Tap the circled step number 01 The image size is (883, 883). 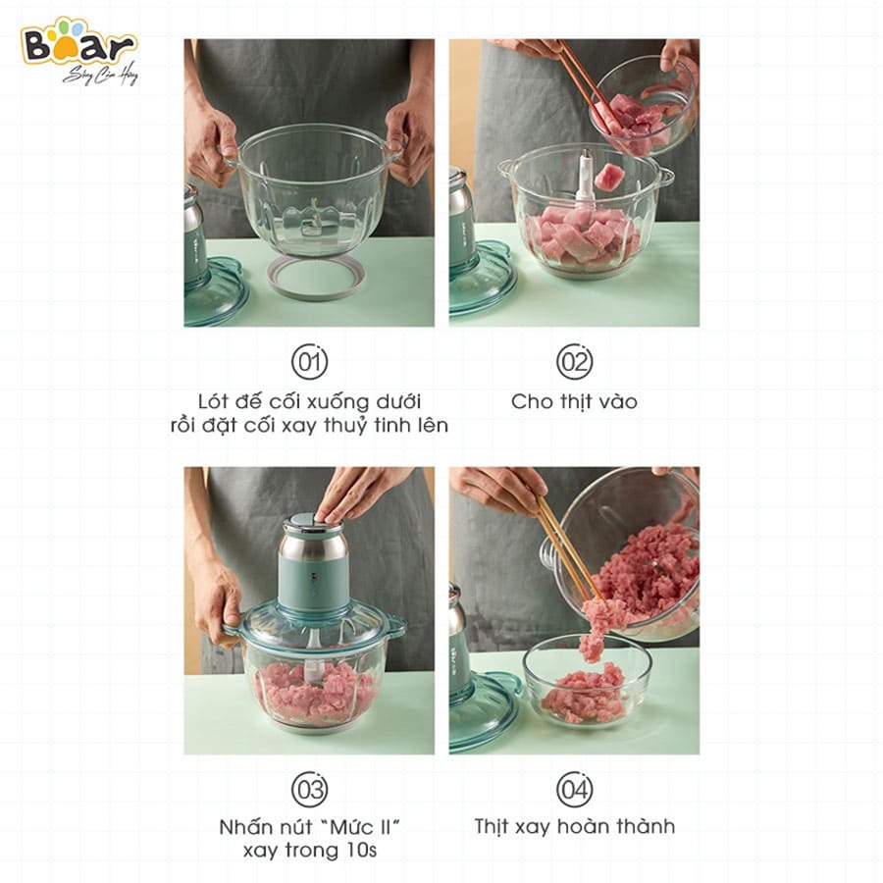pyautogui.click(x=309, y=362)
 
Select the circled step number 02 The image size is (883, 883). pyautogui.click(x=574, y=362)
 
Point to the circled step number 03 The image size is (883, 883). pyautogui.click(x=309, y=790)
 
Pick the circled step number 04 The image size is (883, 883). pyautogui.click(x=574, y=790)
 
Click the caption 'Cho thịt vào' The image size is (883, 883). pyautogui.click(x=574, y=401)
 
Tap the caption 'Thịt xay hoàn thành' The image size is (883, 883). pyautogui.click(x=574, y=826)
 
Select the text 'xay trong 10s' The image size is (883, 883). pyautogui.click(x=309, y=851)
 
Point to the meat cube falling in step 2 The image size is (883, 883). pyautogui.click(x=609, y=177)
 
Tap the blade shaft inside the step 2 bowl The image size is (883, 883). pyautogui.click(x=586, y=175)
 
